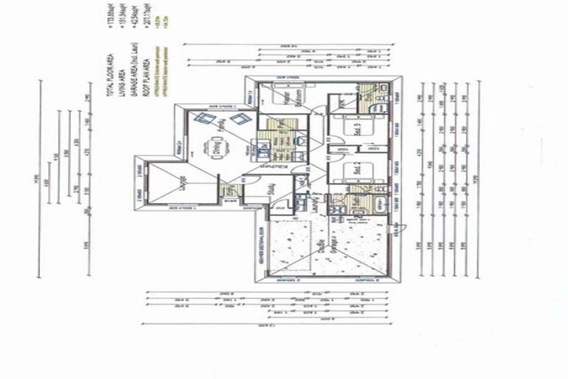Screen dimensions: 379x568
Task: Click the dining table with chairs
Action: (x=217, y=144)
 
